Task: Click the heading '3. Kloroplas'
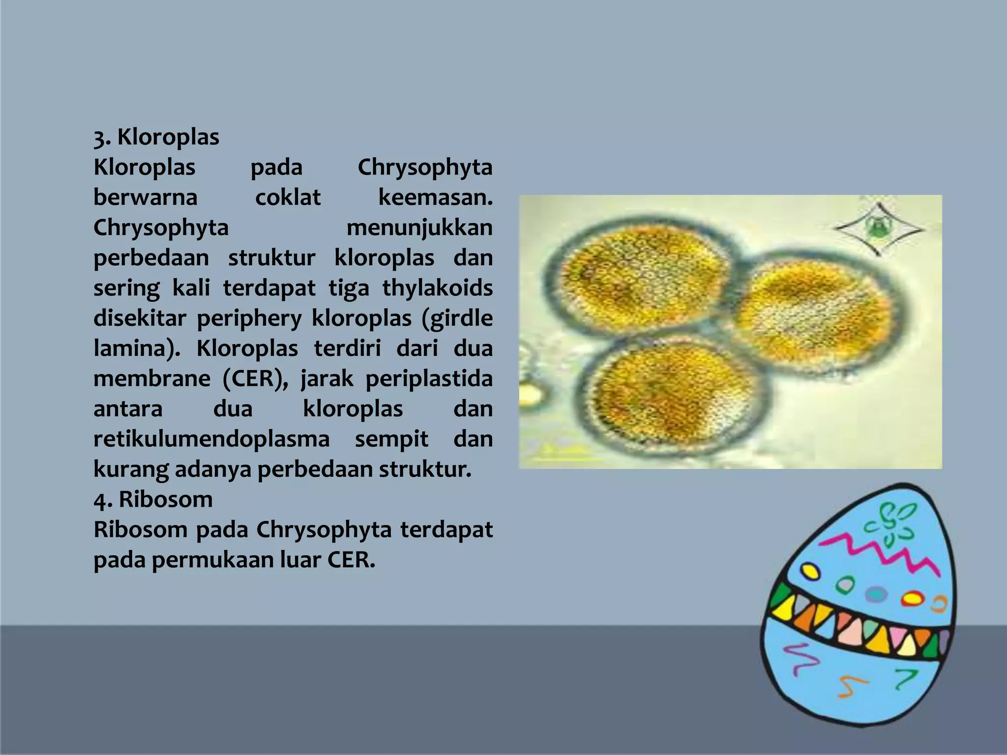156,137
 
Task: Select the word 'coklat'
288,198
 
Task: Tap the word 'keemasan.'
435,198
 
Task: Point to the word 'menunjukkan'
419,228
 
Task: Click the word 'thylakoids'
437,289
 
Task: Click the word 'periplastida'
429,379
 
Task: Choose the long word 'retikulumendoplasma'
211,439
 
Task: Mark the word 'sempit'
391,439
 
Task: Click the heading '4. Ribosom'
153,500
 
